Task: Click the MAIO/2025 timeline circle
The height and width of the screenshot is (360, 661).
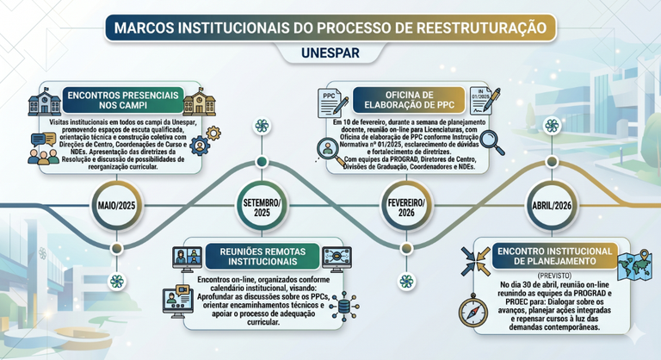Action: (x=117, y=206)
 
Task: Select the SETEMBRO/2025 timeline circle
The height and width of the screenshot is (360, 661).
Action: (x=262, y=206)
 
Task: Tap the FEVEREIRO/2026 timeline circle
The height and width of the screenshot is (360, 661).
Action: (x=406, y=207)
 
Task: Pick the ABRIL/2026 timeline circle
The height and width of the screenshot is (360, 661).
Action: (x=552, y=206)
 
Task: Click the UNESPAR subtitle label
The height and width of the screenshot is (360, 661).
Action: (x=330, y=53)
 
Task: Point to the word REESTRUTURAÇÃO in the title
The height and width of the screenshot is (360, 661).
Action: (x=481, y=28)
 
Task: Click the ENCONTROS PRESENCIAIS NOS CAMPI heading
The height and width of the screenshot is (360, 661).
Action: (x=123, y=100)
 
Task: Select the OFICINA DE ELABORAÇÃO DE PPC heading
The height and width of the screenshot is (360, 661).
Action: (x=410, y=100)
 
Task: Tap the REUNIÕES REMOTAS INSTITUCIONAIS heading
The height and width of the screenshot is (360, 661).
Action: (x=263, y=257)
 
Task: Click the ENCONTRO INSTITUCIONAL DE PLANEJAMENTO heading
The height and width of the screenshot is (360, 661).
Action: (x=555, y=256)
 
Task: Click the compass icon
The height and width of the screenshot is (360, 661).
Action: (x=473, y=311)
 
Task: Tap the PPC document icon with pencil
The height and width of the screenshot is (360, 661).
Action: (x=333, y=103)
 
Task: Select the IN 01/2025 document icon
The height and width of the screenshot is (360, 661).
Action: (x=485, y=101)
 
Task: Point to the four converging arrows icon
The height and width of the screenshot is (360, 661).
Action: (x=475, y=262)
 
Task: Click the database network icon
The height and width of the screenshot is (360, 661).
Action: (x=344, y=307)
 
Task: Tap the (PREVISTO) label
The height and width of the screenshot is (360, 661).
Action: (x=554, y=276)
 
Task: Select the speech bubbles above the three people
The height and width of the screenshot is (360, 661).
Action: (x=43, y=140)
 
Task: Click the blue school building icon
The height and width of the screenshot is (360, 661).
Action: (x=45, y=102)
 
